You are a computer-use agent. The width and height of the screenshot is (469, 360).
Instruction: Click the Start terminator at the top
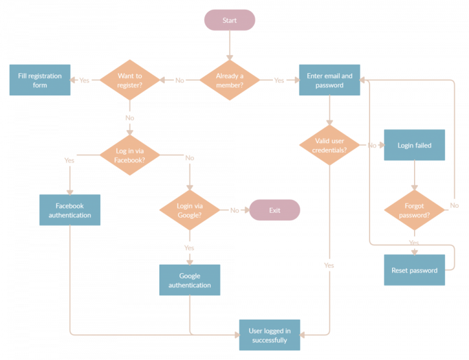[x=230, y=20]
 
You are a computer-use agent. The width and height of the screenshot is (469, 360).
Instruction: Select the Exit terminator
[x=274, y=210]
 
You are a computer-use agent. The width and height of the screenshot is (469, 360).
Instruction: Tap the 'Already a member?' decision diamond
[x=230, y=80]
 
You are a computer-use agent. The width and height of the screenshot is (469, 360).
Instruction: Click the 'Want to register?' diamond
[x=129, y=80]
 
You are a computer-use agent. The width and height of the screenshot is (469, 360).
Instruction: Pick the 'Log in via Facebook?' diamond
[x=129, y=155]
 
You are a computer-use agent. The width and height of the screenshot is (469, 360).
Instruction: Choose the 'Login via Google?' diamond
[x=189, y=210]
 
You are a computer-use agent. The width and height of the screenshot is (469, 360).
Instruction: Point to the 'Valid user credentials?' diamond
[x=330, y=145]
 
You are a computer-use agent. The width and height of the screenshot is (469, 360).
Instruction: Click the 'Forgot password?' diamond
[x=414, y=210]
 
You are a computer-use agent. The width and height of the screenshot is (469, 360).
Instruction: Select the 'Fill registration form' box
[x=40, y=80]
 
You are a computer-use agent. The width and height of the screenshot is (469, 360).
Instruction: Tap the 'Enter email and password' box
[x=330, y=80]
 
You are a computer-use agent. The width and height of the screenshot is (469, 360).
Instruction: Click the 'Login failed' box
[x=414, y=145]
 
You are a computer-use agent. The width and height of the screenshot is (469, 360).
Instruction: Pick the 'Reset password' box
[x=414, y=270]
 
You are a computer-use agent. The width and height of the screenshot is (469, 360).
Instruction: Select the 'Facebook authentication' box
[x=70, y=210]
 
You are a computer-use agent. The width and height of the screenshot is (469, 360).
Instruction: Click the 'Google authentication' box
[x=189, y=280]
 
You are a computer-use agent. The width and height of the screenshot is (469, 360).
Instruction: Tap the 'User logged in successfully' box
[x=269, y=335]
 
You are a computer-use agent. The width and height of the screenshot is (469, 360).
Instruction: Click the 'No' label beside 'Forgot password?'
[x=454, y=205]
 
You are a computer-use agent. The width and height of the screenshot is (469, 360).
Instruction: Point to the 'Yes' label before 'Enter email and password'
[x=278, y=80]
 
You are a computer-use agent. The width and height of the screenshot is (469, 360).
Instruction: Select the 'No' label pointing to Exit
[x=234, y=210]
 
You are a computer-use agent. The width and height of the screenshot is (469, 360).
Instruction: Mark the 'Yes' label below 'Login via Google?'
[x=189, y=248]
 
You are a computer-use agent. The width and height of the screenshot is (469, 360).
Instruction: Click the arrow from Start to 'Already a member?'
[x=230, y=44]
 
